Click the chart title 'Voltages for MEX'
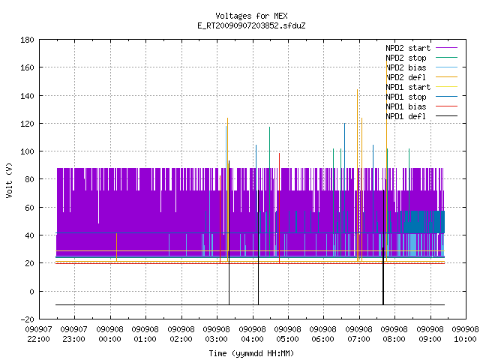pos(251,16)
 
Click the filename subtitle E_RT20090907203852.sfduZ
pos(251,25)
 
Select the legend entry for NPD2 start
pos(421,48)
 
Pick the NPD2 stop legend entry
pos(421,58)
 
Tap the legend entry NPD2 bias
pos(421,67)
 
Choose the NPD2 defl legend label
pos(421,77)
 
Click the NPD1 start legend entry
pos(421,87)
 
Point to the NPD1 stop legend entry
pos(421,97)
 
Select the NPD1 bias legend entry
pos(421,106)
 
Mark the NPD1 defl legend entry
pos(421,116)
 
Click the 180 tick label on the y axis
pos(27,40)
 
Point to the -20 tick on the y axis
pos(27,319)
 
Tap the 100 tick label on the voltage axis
pos(27,151)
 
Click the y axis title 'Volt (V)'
pos(10,180)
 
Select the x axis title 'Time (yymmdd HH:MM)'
pos(251,353)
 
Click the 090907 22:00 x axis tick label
pos(38,334)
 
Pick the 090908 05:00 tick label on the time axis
pos(287,334)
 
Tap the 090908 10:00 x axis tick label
pos(465,334)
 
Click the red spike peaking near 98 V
pos(279,208)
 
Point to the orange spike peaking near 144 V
pos(357,175)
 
